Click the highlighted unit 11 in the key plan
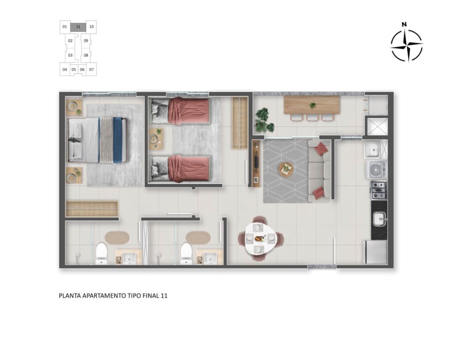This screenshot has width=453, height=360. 78,27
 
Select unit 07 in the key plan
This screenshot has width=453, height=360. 92,69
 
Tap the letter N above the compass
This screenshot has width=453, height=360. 404,25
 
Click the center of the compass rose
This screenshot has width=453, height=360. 406,45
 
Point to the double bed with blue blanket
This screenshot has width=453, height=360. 97,140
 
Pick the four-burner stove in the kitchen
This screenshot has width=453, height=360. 378,190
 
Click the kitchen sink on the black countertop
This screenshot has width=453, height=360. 379,219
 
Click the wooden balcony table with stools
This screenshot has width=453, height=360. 311,105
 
